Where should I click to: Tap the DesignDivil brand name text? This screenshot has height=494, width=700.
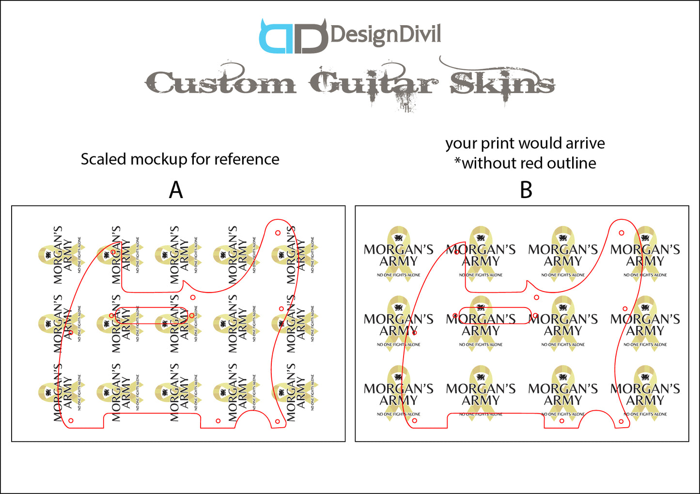coord(386,35)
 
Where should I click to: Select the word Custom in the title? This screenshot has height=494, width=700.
coord(221,83)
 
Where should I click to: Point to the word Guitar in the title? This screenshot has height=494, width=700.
coord(373,83)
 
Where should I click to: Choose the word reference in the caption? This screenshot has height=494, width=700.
coord(247,159)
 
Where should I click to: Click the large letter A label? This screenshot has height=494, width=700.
coord(176,190)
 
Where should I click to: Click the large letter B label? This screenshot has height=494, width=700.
coord(526,190)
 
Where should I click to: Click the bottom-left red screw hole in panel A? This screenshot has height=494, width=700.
coord(71,420)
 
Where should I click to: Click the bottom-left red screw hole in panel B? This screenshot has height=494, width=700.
coord(414,421)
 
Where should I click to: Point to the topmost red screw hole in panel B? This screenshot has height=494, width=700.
coord(622,233)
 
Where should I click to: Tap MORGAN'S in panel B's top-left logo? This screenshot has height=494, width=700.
coord(398,249)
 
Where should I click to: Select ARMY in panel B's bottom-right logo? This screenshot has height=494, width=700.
coord(645,401)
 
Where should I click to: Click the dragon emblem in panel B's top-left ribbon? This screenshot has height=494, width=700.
coord(399,238)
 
